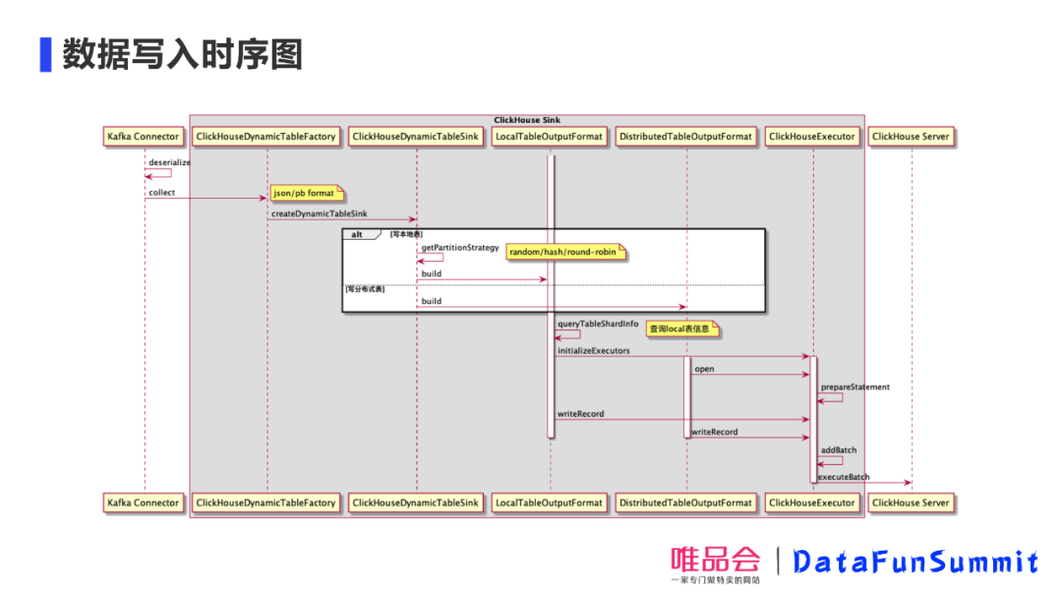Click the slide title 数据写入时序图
tap(182, 54)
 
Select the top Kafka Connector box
tap(144, 137)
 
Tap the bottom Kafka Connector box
tap(144, 503)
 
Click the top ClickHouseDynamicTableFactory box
tap(265, 137)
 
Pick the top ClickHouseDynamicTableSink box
tap(415, 137)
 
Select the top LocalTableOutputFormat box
tap(549, 137)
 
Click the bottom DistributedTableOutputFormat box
tap(685, 503)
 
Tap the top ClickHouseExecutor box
tap(812, 137)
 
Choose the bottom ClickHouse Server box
tap(911, 503)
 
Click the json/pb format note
tap(304, 193)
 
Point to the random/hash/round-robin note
tap(564, 253)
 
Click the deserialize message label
tap(169, 162)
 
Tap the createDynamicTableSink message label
tap(319, 213)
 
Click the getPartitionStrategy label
tap(460, 248)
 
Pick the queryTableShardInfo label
tap(598, 324)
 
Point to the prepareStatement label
tap(855, 387)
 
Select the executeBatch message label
tap(844, 477)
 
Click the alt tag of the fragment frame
tap(358, 234)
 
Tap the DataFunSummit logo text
tap(914, 562)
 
